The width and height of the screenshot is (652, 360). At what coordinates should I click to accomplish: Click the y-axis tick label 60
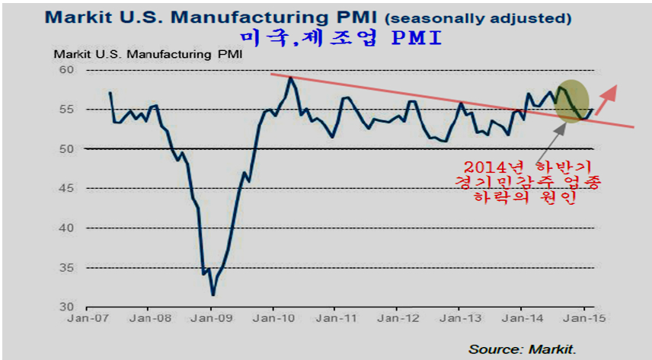pos(69,70)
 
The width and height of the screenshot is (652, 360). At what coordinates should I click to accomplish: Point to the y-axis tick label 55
pos(69,110)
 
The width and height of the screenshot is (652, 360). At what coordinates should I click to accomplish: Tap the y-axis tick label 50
pos(69,149)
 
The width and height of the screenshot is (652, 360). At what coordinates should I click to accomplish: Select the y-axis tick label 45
pos(69,189)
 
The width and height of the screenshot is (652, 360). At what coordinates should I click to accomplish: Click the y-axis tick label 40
pos(69,228)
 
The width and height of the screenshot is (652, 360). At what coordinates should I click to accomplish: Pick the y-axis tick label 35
pos(69,268)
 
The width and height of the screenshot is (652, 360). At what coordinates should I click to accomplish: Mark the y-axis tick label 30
pos(69,307)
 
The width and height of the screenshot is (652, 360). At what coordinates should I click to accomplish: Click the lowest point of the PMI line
pos(213,295)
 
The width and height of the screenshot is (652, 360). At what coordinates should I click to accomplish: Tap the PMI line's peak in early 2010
pos(290,77)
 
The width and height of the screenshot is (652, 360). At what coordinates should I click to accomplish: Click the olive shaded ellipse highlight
pos(571,100)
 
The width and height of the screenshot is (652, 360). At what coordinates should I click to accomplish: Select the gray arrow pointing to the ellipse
pos(557,135)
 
